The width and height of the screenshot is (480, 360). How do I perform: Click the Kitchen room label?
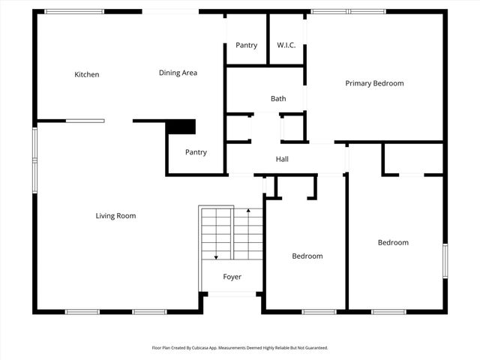coord(86,74)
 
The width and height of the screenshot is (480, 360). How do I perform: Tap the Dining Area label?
coord(178,73)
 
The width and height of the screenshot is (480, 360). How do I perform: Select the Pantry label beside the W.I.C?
coord(246,45)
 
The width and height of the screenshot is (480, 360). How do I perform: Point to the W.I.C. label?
coord(286,45)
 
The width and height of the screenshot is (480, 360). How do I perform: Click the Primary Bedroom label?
coord(374,83)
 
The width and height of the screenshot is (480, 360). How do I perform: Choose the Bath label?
coord(278,98)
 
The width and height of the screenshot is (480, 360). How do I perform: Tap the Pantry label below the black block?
coord(196,152)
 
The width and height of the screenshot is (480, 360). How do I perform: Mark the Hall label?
coord(282,159)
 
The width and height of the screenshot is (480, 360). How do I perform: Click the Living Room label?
coord(115,216)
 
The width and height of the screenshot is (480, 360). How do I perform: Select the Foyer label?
coord(232,277)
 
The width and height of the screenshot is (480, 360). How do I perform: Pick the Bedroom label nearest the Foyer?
coord(307,256)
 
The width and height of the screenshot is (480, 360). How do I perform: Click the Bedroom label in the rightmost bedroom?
coord(393,242)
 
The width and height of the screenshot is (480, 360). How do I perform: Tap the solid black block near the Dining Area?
coord(181,127)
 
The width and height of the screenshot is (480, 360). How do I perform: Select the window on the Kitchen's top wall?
coord(74,12)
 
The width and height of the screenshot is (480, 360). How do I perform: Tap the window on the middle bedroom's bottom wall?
coord(319,311)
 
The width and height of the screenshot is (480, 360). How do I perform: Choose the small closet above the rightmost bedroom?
coord(413,158)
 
